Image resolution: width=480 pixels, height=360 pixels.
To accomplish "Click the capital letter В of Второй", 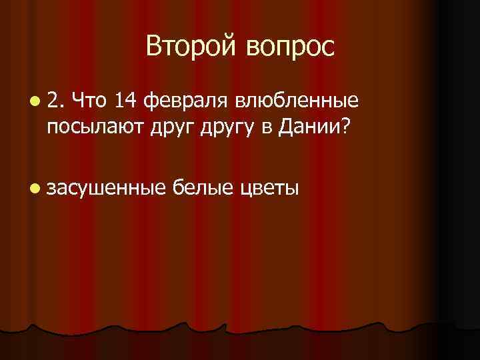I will tap(154, 46).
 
